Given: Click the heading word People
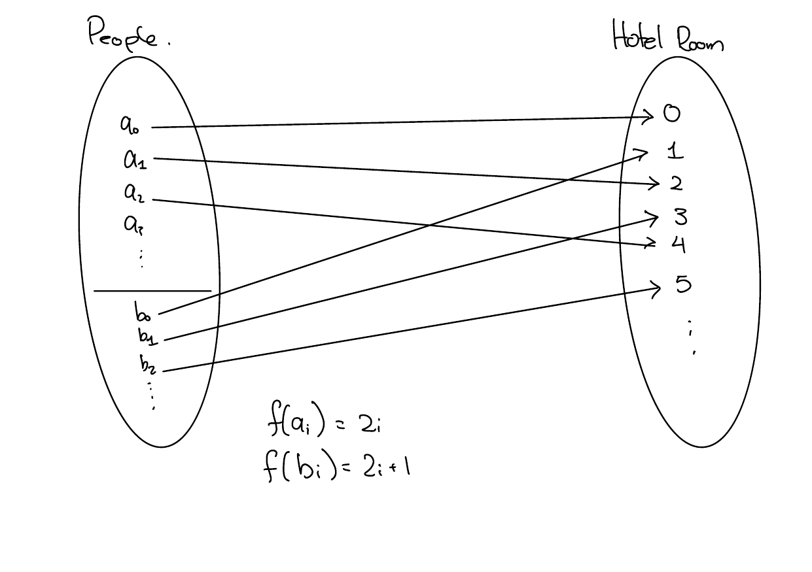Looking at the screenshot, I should coord(123,34).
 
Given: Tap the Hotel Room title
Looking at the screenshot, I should coord(667,37).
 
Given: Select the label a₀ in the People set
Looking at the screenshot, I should coord(130,124).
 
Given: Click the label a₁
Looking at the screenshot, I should coord(135,159).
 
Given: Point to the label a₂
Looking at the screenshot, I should coord(134,193).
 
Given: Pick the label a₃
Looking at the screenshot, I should coord(133,225).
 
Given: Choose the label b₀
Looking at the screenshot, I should coord(143,312).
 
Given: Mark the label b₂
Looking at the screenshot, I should coord(148,363).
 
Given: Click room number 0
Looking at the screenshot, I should coord(671,114).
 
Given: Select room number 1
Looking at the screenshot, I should coord(675,152).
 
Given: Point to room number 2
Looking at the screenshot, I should coord(676,184).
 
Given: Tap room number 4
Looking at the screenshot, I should coord(678,244).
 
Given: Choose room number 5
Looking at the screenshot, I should coord(682,284).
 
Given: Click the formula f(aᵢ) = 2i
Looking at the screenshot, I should coord(325,425).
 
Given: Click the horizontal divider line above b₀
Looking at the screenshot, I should coord(152,290).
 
